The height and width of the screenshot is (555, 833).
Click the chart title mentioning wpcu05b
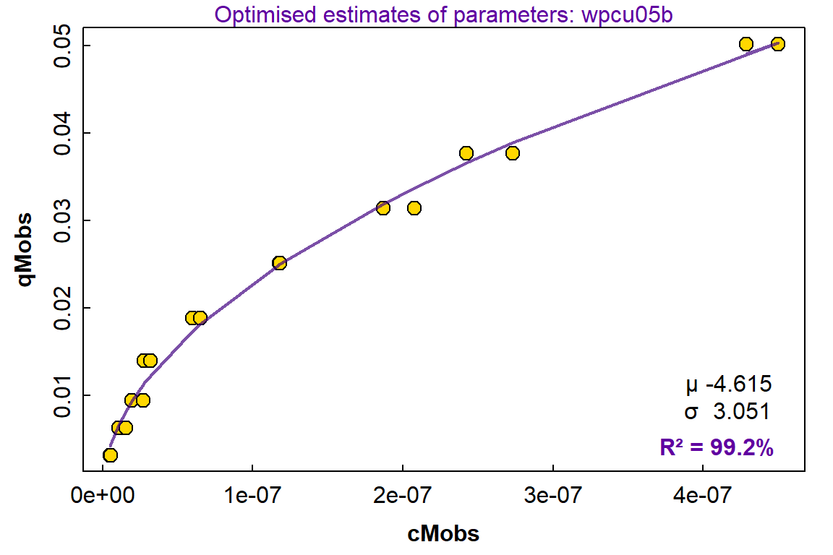tap(444, 14)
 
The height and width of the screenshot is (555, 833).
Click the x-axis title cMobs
tap(443, 533)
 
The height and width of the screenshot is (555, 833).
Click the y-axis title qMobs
tap(25, 249)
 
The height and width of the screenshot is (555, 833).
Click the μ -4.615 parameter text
tap(729, 384)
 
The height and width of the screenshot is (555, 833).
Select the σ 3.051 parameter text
tap(727, 411)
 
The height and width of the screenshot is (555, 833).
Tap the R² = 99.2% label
tap(717, 448)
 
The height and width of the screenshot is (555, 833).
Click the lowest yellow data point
tap(110, 455)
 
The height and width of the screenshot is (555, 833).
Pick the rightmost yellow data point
tap(778, 44)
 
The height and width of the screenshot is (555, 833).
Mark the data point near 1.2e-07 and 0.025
tap(279, 263)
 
